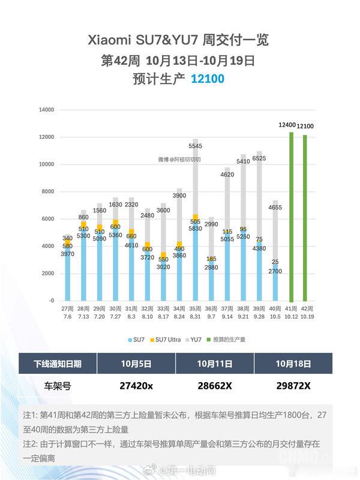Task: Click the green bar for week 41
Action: tap(291, 216)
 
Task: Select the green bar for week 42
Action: tap(305, 217)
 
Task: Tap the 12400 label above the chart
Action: tap(287, 125)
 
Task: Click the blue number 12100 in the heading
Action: tap(208, 79)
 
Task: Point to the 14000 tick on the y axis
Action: tap(46, 110)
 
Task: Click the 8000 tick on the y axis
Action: tap(48, 191)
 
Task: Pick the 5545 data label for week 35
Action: tap(195, 146)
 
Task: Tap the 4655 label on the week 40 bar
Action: tap(275, 208)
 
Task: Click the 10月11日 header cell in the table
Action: tap(215, 364)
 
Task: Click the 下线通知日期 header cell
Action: tap(58, 364)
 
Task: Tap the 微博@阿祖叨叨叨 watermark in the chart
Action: tap(179, 160)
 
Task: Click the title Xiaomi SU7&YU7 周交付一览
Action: tap(179, 40)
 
